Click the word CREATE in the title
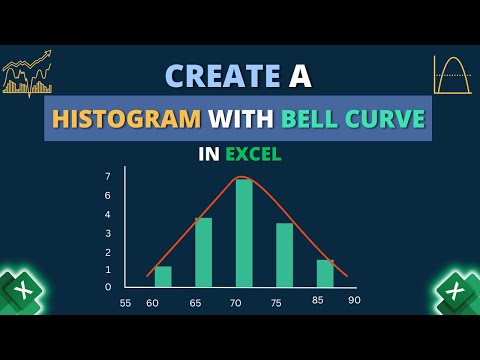222,76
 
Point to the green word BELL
311,120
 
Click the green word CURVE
386,120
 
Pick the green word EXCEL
253,155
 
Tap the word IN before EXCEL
209,155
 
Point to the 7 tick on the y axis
108,176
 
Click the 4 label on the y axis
108,232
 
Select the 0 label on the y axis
108,287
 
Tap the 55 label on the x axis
125,302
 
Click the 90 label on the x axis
354,300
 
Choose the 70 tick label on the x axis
236,302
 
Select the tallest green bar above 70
244,233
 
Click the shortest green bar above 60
163,276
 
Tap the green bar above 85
325,273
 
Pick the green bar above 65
203,252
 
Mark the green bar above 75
284,255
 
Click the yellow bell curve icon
452,75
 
